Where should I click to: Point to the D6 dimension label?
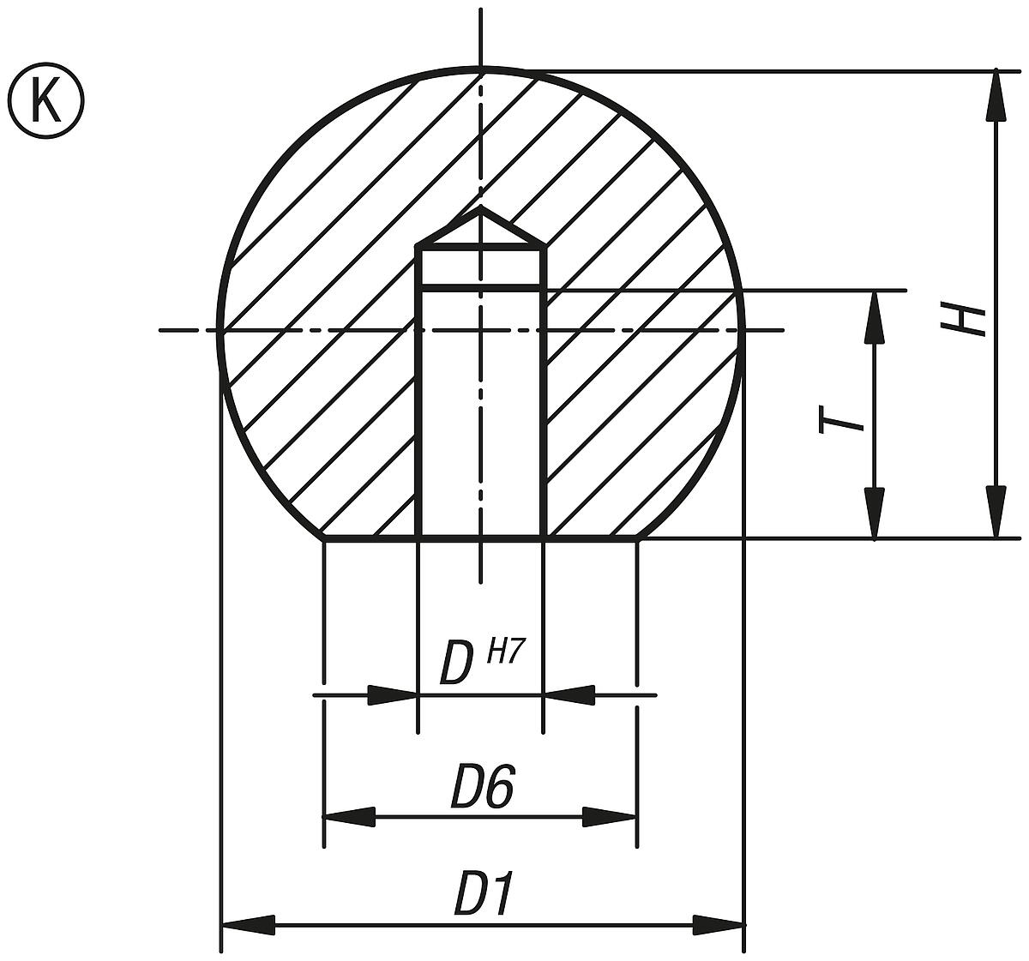click(482, 787)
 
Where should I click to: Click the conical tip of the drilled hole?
click(481, 208)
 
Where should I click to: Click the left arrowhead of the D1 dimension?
click(249, 925)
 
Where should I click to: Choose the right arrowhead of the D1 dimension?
click(719, 925)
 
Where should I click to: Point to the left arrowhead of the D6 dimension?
click(349, 817)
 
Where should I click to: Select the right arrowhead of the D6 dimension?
click(611, 817)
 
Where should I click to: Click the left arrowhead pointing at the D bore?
click(394, 694)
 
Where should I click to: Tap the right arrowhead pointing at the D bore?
click(568, 694)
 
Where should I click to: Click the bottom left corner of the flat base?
click(324, 539)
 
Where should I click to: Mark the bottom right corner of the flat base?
click(638, 539)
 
